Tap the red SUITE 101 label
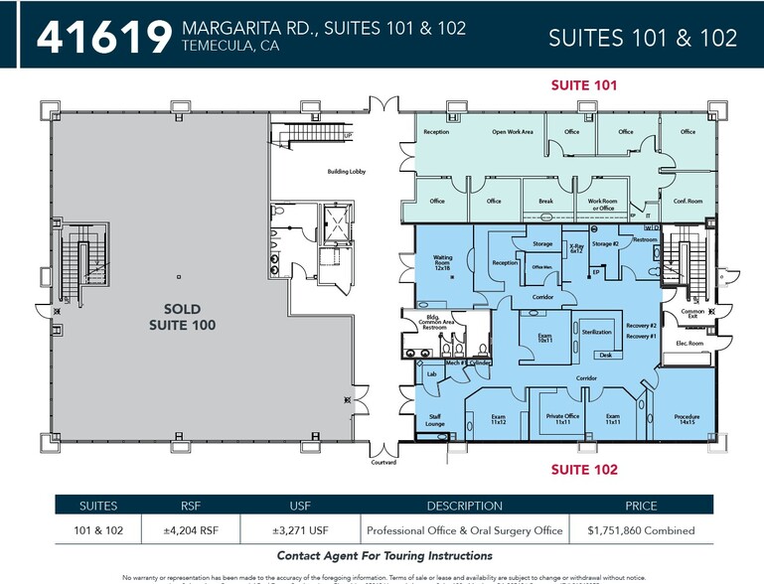click(584, 85)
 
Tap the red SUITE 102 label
click(584, 469)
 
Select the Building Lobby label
click(347, 172)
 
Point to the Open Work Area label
click(513, 132)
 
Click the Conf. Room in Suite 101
click(688, 202)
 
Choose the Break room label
click(545, 202)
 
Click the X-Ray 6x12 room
click(576, 248)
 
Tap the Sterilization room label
click(596, 331)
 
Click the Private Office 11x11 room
click(562, 419)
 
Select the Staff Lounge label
click(435, 420)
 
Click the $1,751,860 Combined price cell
click(640, 530)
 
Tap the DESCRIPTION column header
click(464, 506)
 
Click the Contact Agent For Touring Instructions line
click(383, 555)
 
